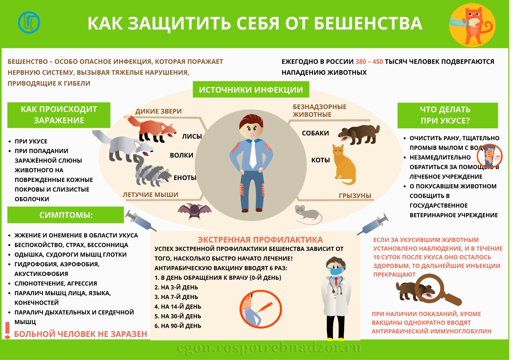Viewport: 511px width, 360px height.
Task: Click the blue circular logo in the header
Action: tap(29, 22)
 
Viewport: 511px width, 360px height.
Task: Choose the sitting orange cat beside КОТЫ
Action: tap(344, 165)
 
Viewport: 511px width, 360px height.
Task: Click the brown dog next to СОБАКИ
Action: tap(359, 134)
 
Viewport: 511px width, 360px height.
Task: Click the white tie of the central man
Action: tap(253, 154)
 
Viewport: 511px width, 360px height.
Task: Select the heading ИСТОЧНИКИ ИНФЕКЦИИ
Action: tap(251, 90)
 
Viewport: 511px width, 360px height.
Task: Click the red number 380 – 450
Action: tap(369, 62)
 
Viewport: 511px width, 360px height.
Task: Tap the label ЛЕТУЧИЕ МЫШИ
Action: tap(151, 195)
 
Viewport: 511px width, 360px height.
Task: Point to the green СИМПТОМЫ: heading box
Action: tap(65, 215)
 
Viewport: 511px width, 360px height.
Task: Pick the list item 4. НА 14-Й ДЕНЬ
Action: tap(178, 307)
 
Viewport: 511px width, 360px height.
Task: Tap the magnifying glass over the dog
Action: tap(435, 291)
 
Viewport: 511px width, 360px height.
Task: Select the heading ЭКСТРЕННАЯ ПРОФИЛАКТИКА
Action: tap(260, 240)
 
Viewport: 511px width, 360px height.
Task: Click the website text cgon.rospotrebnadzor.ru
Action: tap(269, 348)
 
